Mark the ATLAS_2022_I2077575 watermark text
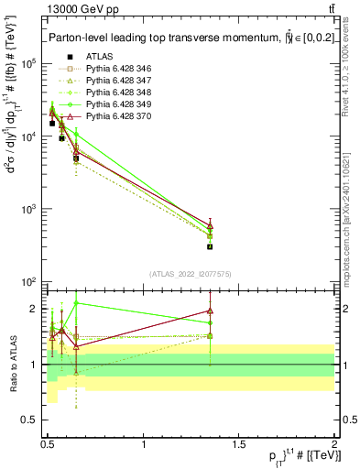(191, 273)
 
